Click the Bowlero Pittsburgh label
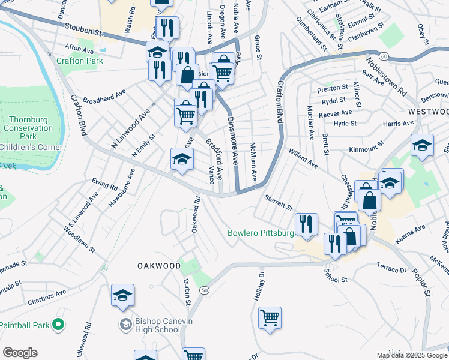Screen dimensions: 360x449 (x=260, y=233)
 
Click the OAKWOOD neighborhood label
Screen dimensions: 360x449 (x=159, y=265)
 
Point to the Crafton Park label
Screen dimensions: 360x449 (x=80, y=61)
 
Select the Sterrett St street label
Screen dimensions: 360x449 (x=278, y=202)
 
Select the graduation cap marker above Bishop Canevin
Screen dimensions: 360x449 (x=122, y=295)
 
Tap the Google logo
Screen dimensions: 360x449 (x=20, y=353)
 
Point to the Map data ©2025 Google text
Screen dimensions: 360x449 (x=412, y=355)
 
